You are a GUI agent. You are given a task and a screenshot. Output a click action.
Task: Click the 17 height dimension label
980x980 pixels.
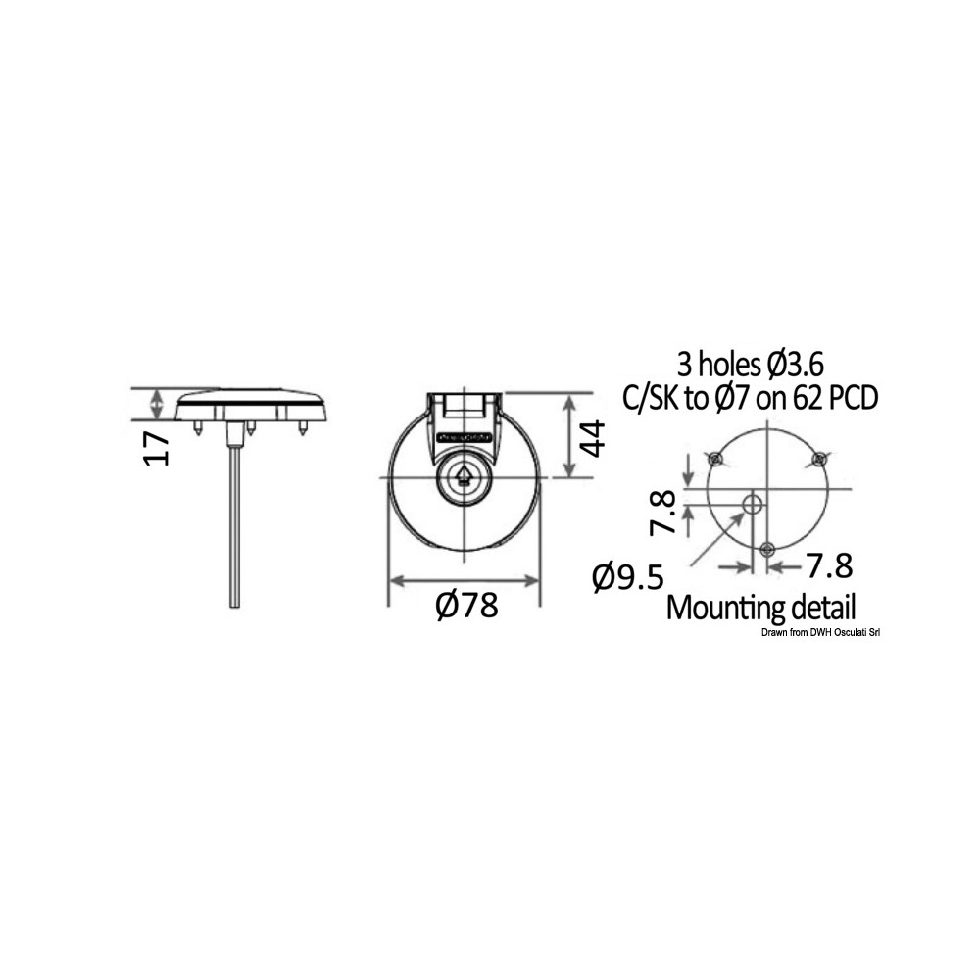pyautogui.click(x=156, y=448)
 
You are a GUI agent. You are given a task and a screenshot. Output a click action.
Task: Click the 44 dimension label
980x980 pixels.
pyautogui.click(x=592, y=438)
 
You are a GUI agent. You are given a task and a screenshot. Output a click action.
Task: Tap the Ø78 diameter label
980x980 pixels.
pyautogui.click(x=467, y=605)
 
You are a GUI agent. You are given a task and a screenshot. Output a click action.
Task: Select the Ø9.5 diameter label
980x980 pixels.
pyautogui.click(x=627, y=577)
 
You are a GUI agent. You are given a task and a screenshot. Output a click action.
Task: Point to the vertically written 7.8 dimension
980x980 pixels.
pyautogui.click(x=662, y=513)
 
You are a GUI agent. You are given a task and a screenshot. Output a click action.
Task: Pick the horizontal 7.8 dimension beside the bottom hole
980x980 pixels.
pyautogui.click(x=829, y=566)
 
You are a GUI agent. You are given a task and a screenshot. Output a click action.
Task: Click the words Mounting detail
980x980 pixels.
pyautogui.click(x=760, y=607)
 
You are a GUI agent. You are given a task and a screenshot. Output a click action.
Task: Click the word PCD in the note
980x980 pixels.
pyautogui.click(x=853, y=398)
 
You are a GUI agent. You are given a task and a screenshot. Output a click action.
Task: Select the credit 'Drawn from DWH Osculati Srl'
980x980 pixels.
pyautogui.click(x=820, y=633)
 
